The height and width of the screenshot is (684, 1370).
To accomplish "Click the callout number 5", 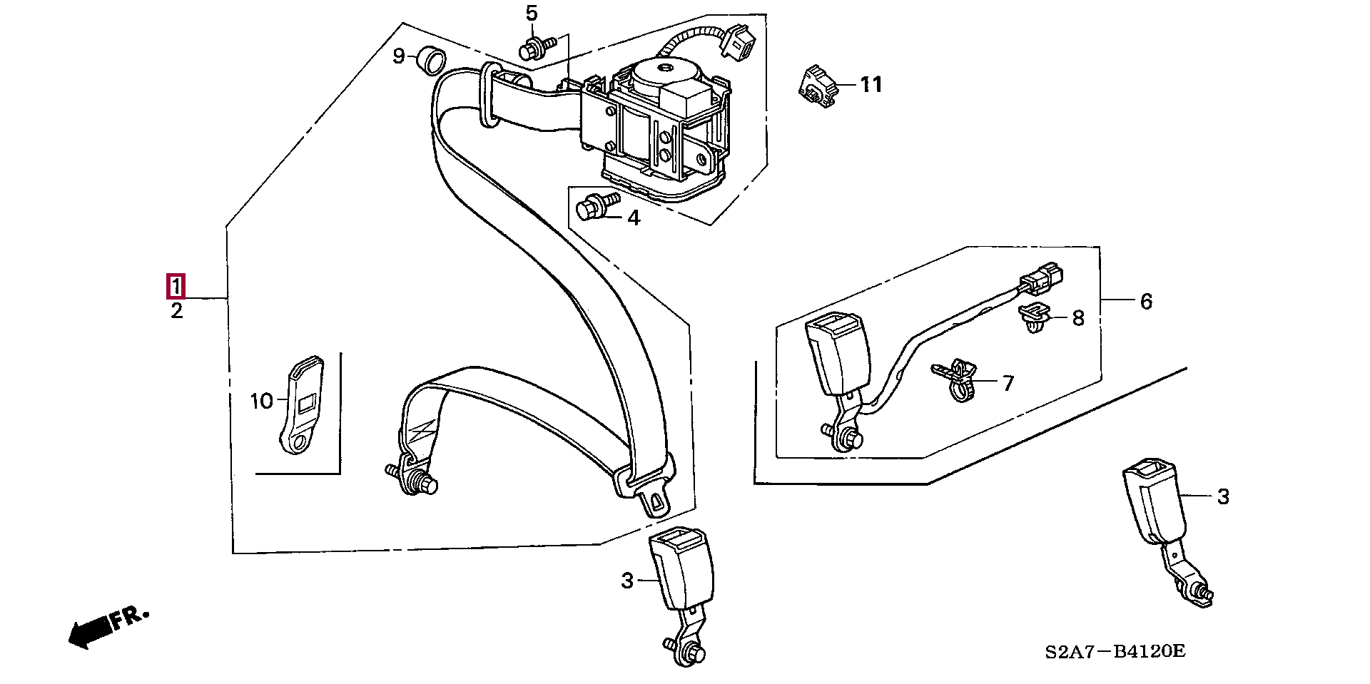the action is (x=532, y=13).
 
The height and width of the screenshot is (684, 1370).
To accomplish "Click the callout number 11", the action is (x=871, y=85).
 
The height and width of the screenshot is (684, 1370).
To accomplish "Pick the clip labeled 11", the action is (x=816, y=86).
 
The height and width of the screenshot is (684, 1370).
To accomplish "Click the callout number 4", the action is (x=634, y=218).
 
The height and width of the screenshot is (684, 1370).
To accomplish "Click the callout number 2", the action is (x=176, y=311).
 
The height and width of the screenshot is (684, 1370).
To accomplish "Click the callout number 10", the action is (x=262, y=401).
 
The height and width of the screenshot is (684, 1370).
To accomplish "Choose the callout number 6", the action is (x=1146, y=302).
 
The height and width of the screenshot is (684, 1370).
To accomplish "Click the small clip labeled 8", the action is (x=1034, y=318).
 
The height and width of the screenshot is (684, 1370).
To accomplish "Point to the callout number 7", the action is (x=1008, y=384).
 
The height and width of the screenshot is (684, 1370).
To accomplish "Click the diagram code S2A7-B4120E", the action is (x=1115, y=651).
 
